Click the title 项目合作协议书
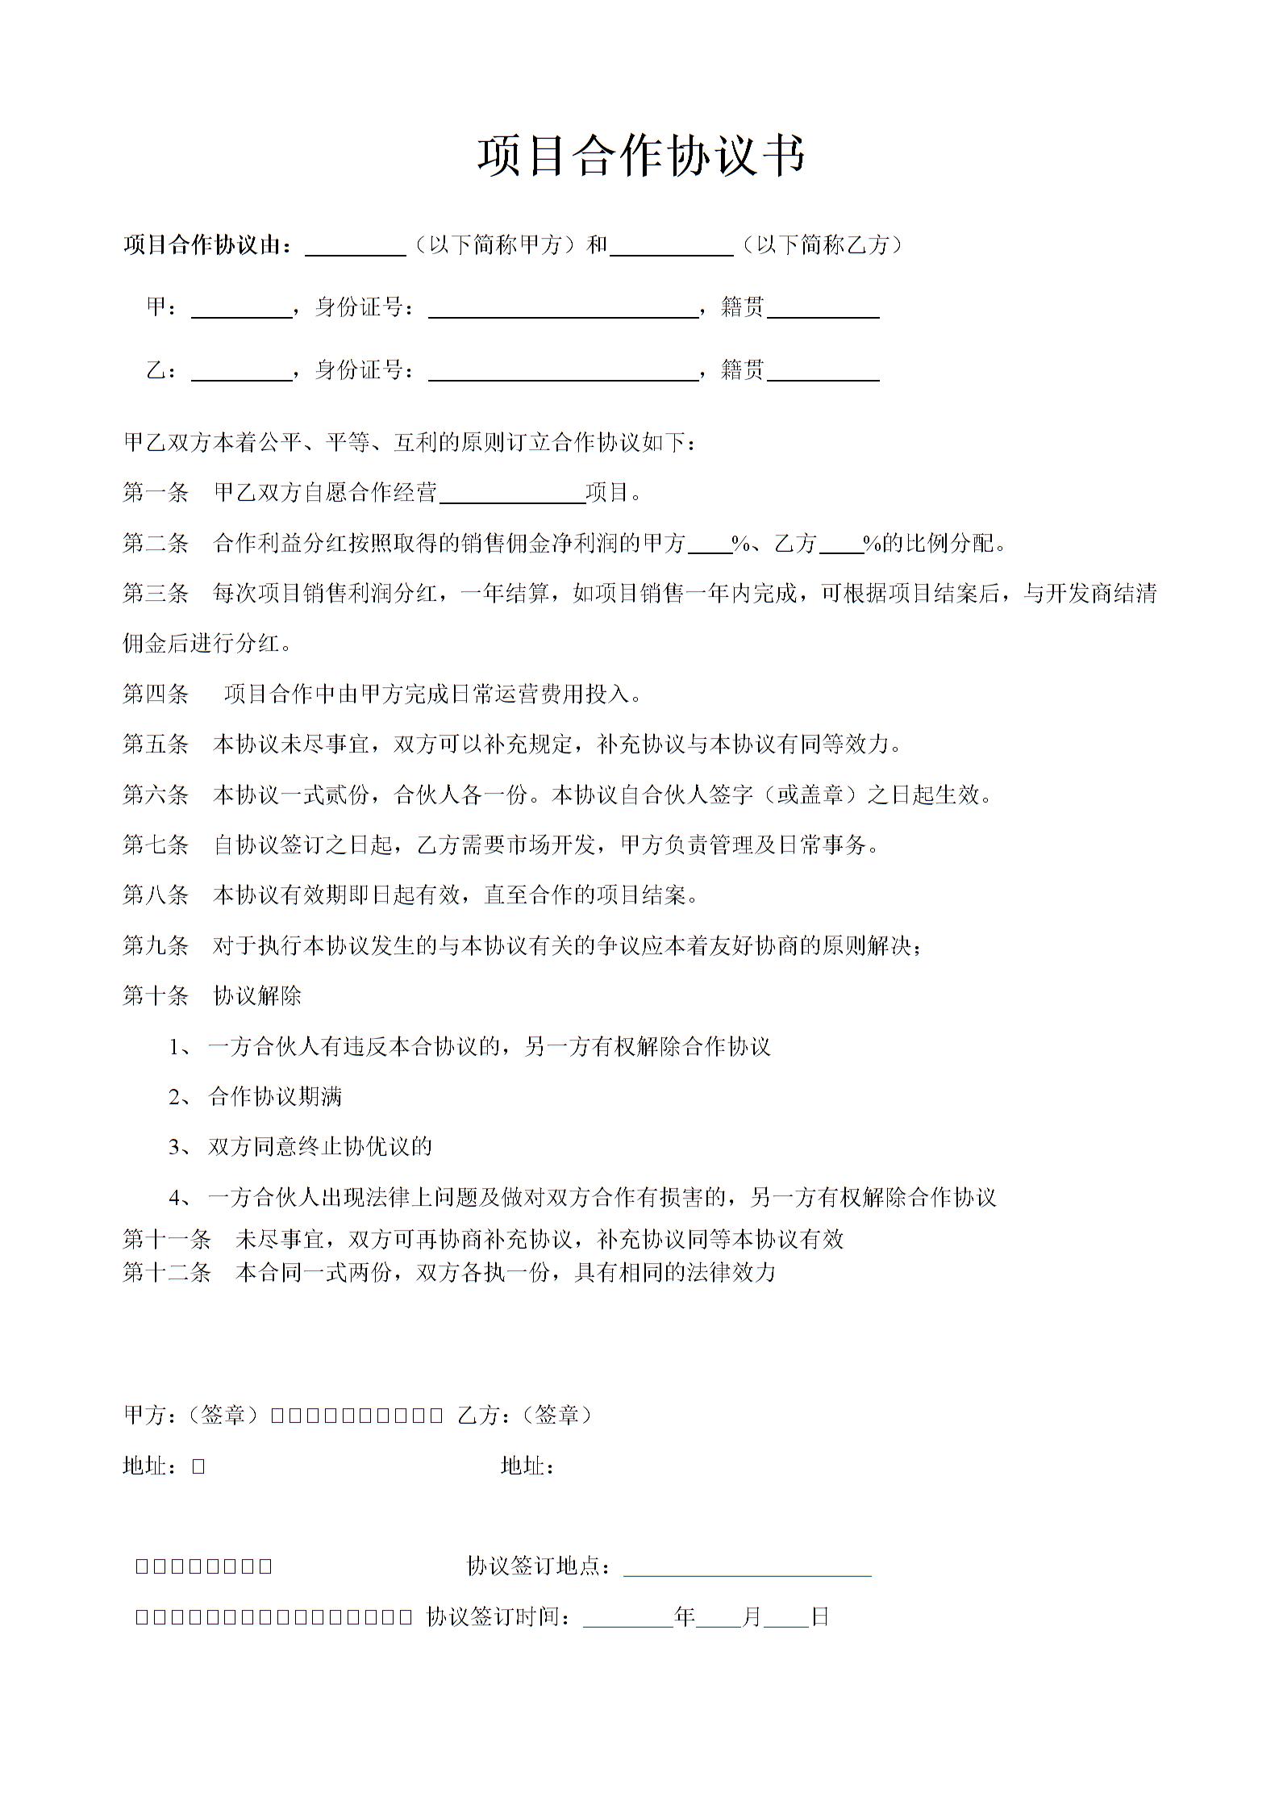click(x=641, y=155)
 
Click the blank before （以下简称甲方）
click(x=355, y=246)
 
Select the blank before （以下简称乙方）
click(x=671, y=246)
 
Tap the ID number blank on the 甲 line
click(x=563, y=309)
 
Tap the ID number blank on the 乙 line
click(x=563, y=372)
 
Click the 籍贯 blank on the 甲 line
click(x=823, y=309)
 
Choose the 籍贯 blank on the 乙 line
click(x=823, y=372)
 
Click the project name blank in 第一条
click(x=511, y=494)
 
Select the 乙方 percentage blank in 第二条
click(x=841, y=544)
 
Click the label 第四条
click(x=156, y=694)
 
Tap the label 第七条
click(x=156, y=845)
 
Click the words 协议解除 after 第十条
click(x=257, y=995)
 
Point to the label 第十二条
click(x=167, y=1272)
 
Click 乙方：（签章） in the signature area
click(x=524, y=1415)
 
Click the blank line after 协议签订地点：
click(x=748, y=1566)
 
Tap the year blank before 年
click(x=627, y=1616)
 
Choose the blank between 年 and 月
click(x=718, y=1616)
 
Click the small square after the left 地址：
click(x=198, y=1466)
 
